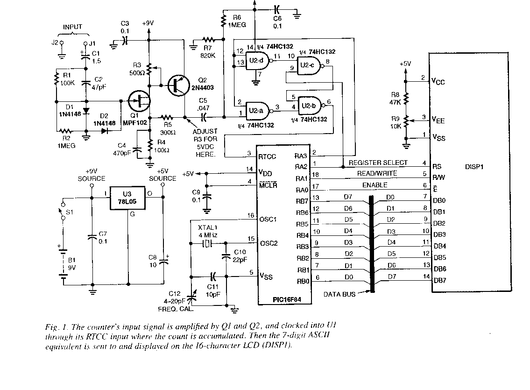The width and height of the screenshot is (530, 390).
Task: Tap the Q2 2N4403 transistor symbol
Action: [177, 85]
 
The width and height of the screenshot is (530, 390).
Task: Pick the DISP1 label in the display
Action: [476, 166]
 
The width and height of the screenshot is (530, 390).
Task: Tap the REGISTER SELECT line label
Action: [378, 163]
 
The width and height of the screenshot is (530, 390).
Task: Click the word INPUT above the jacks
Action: [72, 27]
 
